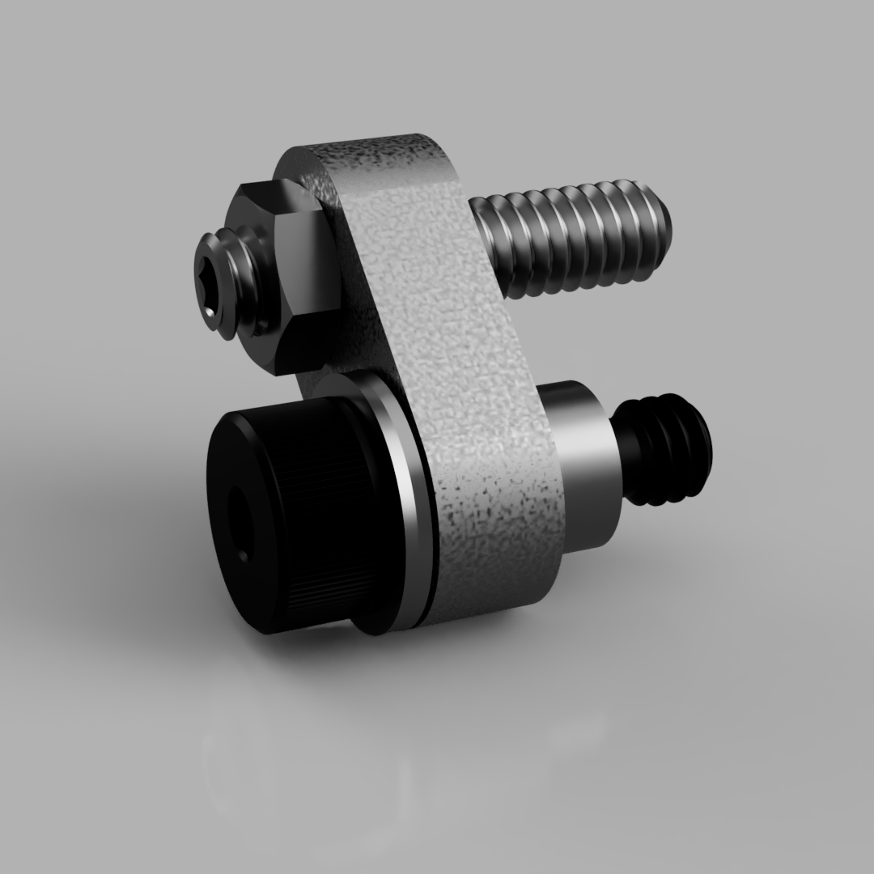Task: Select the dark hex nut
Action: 291,275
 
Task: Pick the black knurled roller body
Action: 308,502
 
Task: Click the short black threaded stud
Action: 664,449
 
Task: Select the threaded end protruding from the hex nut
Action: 235,283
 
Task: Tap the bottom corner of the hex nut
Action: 279,368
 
